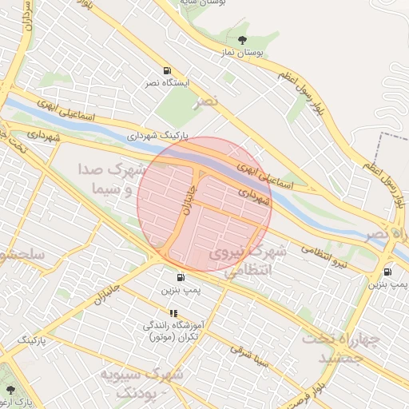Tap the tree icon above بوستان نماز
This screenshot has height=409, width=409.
tap(243, 40)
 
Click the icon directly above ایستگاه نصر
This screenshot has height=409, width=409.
tap(166, 70)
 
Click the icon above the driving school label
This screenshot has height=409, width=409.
tap(173, 313)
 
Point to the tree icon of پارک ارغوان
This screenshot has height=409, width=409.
tap(10, 390)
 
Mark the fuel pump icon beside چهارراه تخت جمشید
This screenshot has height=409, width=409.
tap(388, 271)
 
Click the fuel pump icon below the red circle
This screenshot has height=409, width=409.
tap(181, 278)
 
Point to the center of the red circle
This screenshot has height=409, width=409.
tap(204, 204)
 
